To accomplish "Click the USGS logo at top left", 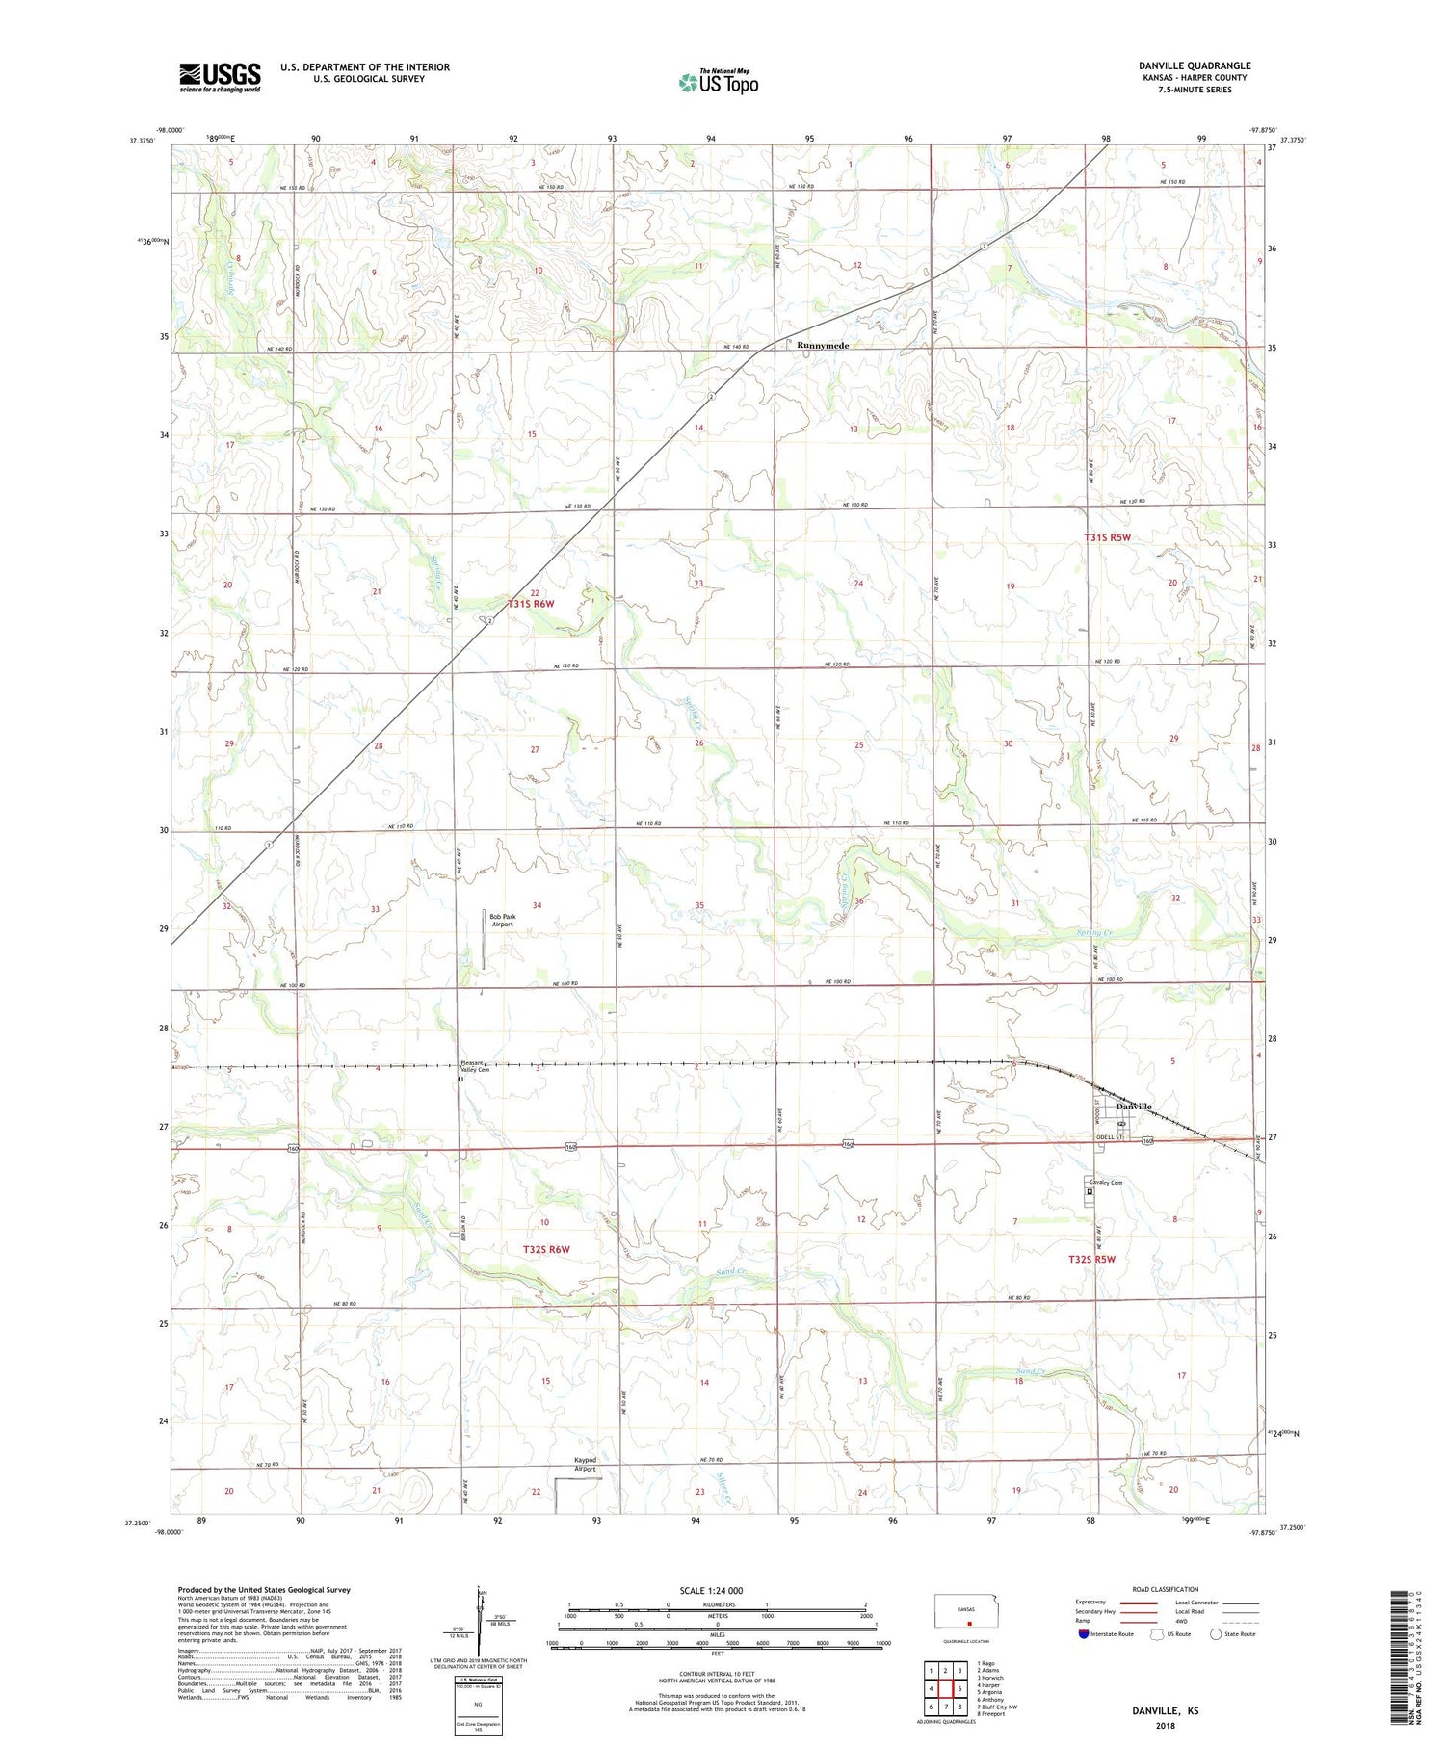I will tap(220, 77).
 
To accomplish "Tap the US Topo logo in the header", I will tap(719, 82).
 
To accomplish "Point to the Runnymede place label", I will tap(822, 345).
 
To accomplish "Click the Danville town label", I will tap(1134, 1107).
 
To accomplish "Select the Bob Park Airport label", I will tap(502, 920).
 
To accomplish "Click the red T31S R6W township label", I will tap(531, 604).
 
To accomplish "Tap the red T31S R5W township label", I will tap(1107, 537).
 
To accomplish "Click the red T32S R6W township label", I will tap(546, 1249).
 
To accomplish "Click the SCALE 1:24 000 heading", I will tap(711, 1590).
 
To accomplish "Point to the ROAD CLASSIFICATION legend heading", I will tap(1166, 1589).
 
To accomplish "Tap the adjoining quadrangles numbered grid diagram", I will tap(945, 1688).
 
